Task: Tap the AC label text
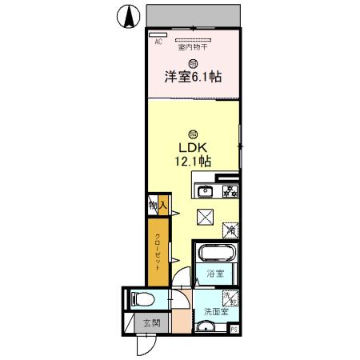(x=158, y=42)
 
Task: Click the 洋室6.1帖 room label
(x=193, y=77)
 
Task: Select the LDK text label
(x=192, y=148)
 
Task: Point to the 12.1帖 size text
(x=193, y=162)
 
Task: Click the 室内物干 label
(x=192, y=47)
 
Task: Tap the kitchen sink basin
(x=205, y=190)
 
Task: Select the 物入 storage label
(x=157, y=206)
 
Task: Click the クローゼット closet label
(x=158, y=250)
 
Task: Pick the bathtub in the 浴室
(x=216, y=254)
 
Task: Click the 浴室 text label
(x=214, y=274)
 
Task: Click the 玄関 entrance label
(x=151, y=324)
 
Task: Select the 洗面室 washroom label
(x=214, y=311)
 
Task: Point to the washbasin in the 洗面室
(x=206, y=326)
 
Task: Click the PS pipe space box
(x=234, y=328)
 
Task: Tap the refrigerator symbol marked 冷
(x=230, y=230)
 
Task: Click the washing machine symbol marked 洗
(x=228, y=298)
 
